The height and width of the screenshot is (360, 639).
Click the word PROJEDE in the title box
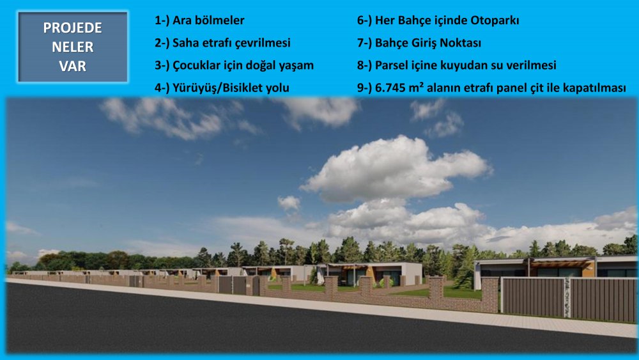73,27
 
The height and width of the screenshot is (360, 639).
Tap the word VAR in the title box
73,66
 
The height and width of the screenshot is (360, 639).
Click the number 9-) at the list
364,88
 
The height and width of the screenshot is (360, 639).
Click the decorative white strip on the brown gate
567,297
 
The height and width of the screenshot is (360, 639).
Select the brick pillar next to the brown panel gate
489,295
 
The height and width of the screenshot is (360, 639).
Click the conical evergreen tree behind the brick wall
465,267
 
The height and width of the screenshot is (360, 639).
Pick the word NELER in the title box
73,47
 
